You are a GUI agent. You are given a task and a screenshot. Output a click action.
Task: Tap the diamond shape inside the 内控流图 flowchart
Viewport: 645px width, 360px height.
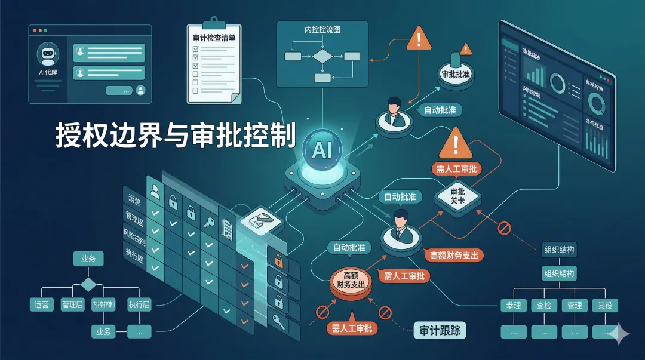point(322,57)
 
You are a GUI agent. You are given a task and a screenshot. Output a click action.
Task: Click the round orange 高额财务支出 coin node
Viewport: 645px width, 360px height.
point(351,281)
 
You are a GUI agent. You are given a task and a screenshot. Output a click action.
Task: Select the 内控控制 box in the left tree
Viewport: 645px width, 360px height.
point(103,304)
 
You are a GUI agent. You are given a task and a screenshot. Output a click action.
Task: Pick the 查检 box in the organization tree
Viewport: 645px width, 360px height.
point(543,306)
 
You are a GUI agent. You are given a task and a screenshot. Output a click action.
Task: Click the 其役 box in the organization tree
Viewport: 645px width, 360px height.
point(605,306)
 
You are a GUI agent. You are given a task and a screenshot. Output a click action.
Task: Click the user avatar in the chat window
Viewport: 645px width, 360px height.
point(141,90)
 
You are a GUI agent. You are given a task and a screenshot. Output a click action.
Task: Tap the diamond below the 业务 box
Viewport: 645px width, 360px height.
point(88,284)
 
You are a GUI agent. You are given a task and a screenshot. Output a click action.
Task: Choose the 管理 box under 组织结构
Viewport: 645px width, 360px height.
point(575,306)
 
